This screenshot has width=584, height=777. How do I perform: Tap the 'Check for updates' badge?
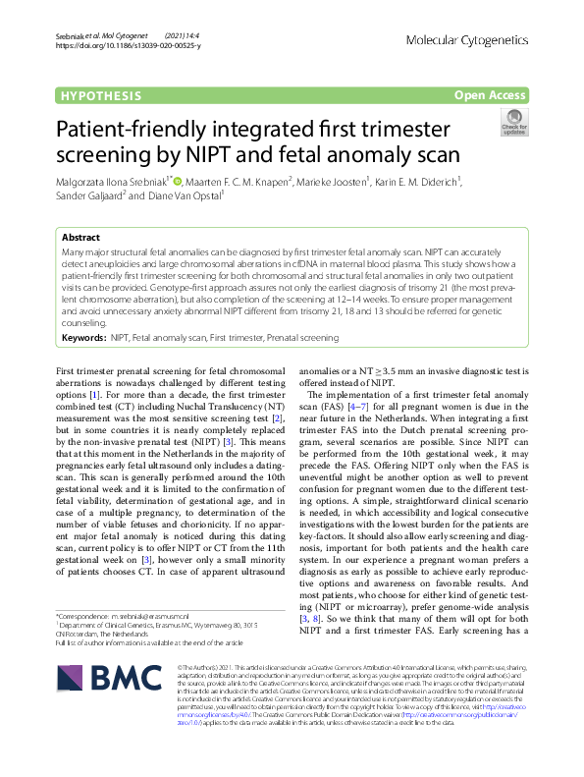(513, 124)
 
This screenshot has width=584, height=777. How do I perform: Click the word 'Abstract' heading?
(80, 238)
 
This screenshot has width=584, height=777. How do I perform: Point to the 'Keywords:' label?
(83, 337)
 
